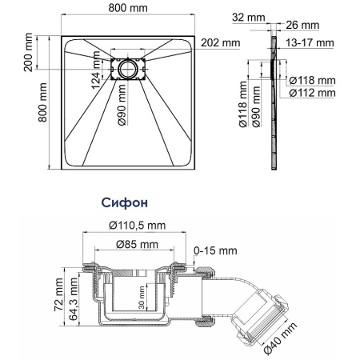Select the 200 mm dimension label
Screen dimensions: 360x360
[28, 54]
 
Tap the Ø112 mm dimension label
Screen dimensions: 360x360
[312, 90]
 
